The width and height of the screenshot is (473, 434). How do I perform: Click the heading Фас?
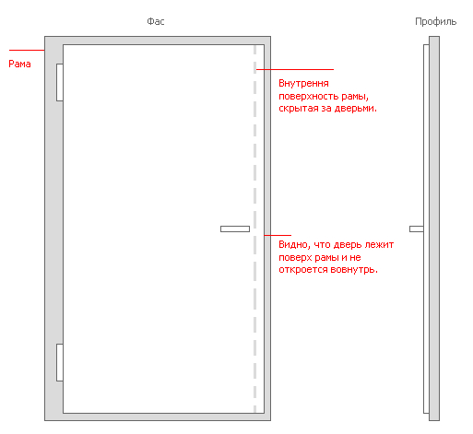(156, 21)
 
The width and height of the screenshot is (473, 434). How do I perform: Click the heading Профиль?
(435, 22)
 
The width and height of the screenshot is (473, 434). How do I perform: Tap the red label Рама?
(19, 64)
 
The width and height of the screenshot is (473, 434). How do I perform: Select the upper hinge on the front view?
(60, 82)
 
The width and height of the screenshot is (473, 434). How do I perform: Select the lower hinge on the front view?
(60, 362)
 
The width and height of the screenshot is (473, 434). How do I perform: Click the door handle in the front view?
(235, 229)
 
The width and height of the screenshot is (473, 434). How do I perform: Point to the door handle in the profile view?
(417, 229)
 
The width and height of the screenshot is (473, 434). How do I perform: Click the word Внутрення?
(303, 83)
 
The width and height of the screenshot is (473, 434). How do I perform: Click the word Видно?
(293, 245)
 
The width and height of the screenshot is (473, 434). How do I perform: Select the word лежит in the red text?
(379, 245)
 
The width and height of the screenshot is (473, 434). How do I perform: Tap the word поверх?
(296, 258)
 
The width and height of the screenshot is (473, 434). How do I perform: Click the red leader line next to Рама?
(27, 50)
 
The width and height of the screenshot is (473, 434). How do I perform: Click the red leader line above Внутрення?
(295, 70)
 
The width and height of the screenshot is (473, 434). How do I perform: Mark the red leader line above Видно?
(278, 236)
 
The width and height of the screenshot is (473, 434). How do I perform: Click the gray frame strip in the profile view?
(434, 229)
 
